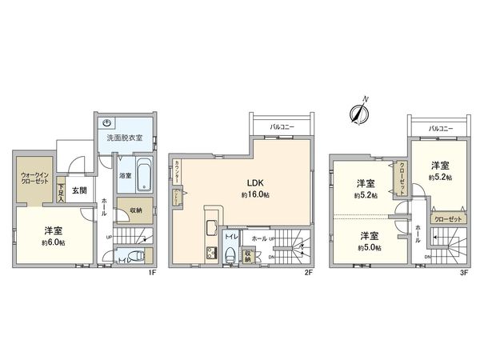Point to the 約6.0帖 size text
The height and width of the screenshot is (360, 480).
click(x=54, y=242)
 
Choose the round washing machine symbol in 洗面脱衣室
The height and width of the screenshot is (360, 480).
click(x=107, y=123)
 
